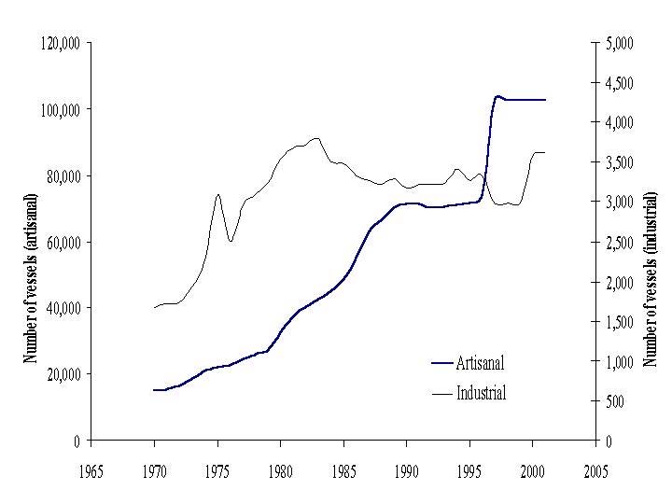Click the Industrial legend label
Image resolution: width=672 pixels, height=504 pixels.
(481, 393)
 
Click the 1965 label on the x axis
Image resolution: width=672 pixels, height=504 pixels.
(91, 469)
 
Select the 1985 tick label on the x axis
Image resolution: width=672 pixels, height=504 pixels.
(343, 469)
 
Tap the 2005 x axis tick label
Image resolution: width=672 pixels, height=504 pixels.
(595, 469)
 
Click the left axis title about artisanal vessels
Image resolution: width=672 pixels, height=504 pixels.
(30, 278)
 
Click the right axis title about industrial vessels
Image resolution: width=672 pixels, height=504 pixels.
(651, 278)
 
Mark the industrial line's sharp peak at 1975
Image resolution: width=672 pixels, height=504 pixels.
(217, 194)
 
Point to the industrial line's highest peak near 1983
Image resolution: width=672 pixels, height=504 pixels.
(317, 138)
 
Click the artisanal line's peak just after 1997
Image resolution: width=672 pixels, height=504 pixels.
(497, 95)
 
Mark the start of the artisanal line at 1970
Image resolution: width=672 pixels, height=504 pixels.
(155, 390)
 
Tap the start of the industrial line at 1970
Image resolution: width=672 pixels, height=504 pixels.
(155, 307)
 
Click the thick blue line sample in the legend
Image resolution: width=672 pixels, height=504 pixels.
(441, 363)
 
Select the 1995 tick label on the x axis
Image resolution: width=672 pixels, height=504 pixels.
(469, 469)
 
